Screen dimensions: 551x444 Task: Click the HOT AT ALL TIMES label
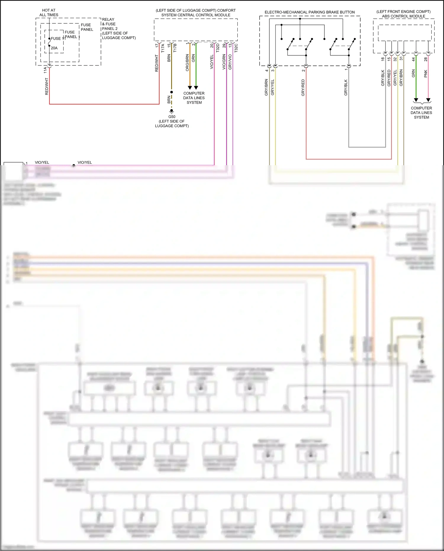[49, 12]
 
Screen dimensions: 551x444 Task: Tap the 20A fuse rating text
[54, 48]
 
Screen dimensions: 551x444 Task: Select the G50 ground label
[172, 117]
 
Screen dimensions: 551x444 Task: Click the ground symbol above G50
[171, 112]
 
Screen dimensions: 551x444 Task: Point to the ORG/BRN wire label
[187, 62]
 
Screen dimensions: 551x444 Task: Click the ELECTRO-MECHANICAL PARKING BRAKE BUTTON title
[310, 12]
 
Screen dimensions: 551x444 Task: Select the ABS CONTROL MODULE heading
[403, 16]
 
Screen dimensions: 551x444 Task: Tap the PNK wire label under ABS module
[426, 74]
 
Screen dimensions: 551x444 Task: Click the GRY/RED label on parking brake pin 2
[303, 87]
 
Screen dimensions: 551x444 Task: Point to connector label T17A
[163, 48]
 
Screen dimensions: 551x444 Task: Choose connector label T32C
[236, 48]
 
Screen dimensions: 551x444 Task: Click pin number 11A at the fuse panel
[45, 70]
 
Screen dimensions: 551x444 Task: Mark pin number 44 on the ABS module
[414, 59]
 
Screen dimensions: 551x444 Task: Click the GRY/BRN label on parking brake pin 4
[266, 87]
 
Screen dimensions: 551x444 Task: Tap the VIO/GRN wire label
[224, 62]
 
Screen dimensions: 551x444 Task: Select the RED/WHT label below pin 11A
[46, 86]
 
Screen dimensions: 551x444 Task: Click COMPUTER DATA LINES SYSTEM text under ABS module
[421, 113]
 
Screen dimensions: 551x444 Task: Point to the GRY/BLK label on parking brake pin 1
[346, 87]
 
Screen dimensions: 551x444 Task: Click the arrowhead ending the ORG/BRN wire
[190, 88]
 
